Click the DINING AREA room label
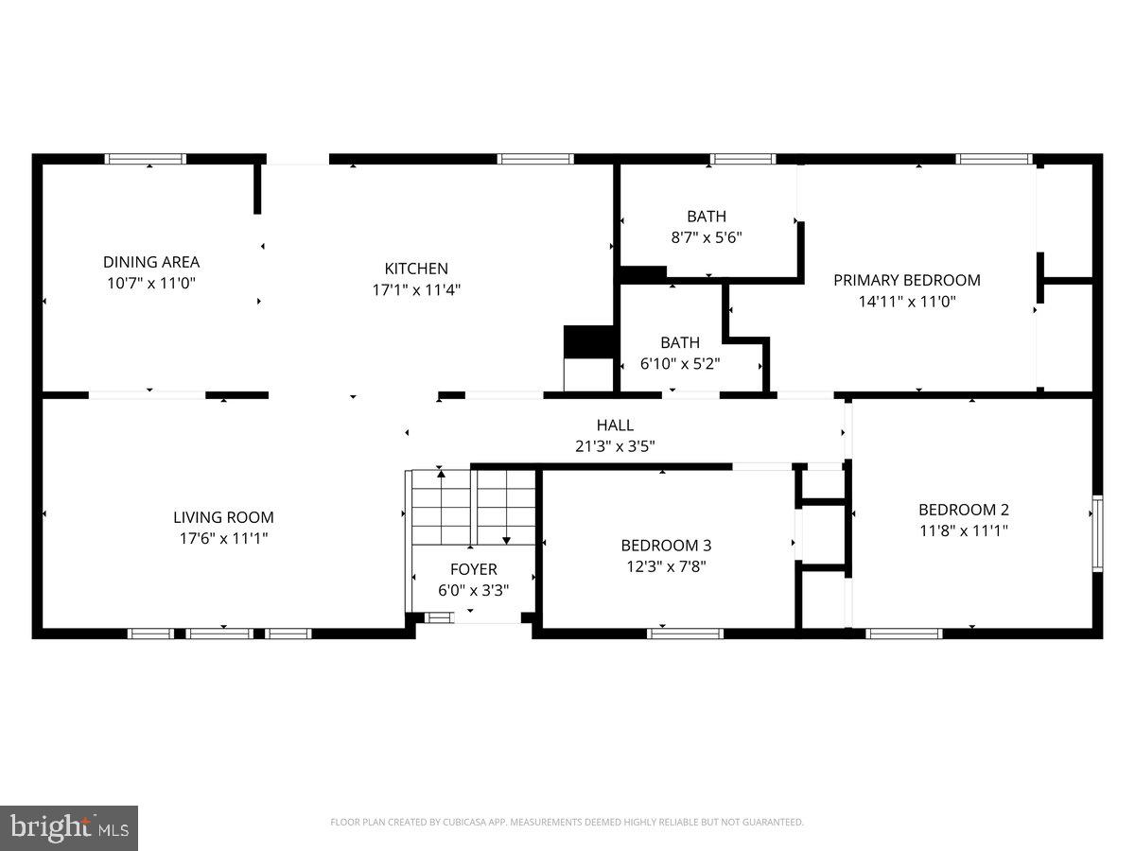pyautogui.click(x=151, y=262)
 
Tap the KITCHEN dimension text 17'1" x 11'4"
pyautogui.click(x=416, y=290)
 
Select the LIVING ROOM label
pyautogui.click(x=223, y=517)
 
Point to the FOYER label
pyautogui.click(x=473, y=569)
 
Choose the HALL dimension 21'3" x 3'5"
pyautogui.click(x=615, y=445)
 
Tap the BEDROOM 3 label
pyautogui.click(x=666, y=546)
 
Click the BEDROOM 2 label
pyautogui.click(x=963, y=510)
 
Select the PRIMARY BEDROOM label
pyautogui.click(x=906, y=280)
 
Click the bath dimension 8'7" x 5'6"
pyautogui.click(x=707, y=237)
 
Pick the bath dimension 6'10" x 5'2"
pyautogui.click(x=680, y=363)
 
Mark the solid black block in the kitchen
pyautogui.click(x=588, y=341)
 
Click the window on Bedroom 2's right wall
pyautogui.click(x=1097, y=533)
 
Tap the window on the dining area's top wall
pyautogui.click(x=146, y=159)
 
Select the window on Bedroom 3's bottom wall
pyautogui.click(x=685, y=634)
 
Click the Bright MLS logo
pyautogui.click(x=69, y=828)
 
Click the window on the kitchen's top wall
pyautogui.click(x=535, y=159)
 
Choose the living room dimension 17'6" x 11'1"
pyautogui.click(x=223, y=539)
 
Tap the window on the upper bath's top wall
pyautogui.click(x=742, y=159)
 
